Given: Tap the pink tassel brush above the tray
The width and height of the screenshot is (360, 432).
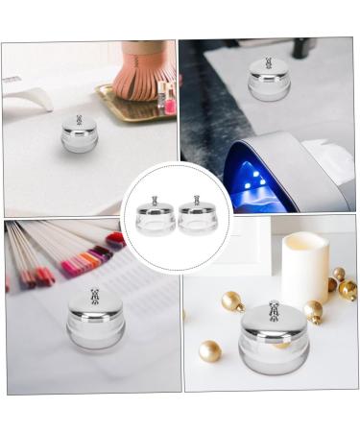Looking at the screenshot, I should point(142,69).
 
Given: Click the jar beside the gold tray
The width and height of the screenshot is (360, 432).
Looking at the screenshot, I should point(79,135).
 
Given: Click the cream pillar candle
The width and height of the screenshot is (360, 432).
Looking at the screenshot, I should point(305,268).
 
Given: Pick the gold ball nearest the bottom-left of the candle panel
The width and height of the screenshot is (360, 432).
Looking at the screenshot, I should point(209,350).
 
